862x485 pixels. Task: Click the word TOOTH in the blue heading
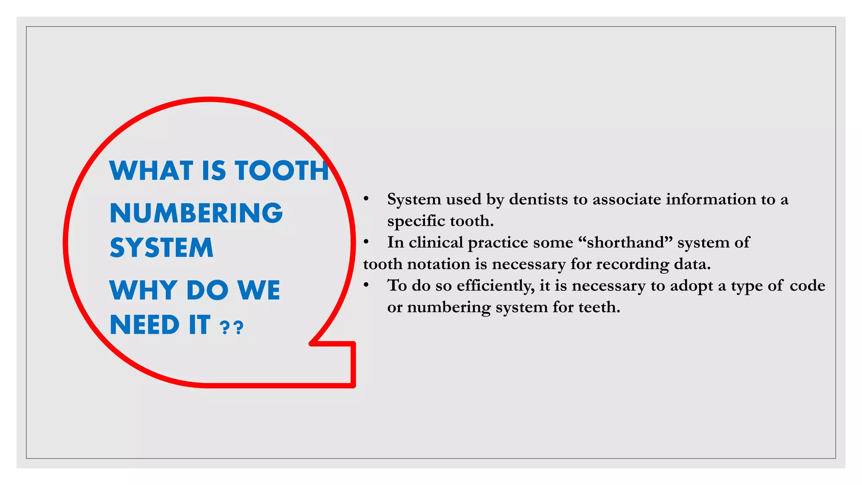click(x=282, y=171)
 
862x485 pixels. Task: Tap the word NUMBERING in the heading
click(x=196, y=213)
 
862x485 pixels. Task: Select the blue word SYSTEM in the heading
click(x=162, y=248)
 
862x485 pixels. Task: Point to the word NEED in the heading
click(x=144, y=325)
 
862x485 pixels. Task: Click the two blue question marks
click(x=232, y=327)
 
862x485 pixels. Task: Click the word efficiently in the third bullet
click(x=495, y=286)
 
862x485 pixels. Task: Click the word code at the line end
click(x=807, y=286)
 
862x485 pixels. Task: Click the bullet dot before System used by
click(x=366, y=199)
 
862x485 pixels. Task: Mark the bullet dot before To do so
click(x=366, y=285)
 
